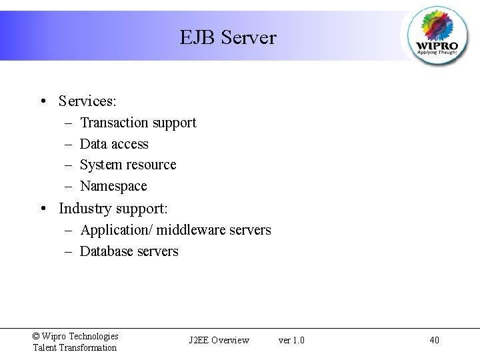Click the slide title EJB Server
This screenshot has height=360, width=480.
point(227,37)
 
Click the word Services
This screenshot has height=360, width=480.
point(87,101)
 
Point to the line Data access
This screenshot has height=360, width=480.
point(114,144)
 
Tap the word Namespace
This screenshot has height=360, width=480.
point(113,186)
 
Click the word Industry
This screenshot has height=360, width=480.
point(85,209)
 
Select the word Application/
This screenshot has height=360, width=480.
point(116,230)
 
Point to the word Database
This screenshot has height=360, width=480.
point(107,251)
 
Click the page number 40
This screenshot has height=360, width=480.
point(434,341)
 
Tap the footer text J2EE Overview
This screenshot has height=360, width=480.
point(219,341)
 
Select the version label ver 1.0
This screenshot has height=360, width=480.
point(291,341)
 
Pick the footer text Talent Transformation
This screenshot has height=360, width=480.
point(75,347)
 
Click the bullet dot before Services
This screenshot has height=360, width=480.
point(42,102)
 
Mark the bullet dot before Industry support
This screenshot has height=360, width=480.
point(42,209)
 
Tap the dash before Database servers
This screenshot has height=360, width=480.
point(69,251)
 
